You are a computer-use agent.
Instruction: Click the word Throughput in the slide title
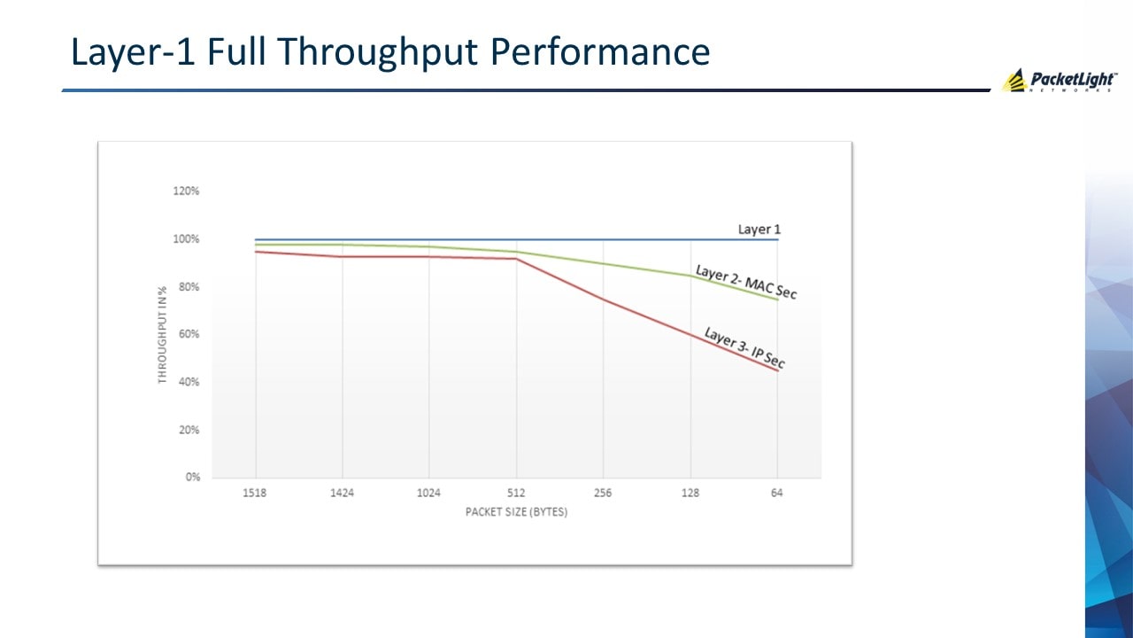point(379,53)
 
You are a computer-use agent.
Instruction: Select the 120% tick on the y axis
point(186,191)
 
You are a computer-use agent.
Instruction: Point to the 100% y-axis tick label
point(186,239)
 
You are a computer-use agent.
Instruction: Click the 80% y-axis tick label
point(188,287)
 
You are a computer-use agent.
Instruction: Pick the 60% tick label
point(188,335)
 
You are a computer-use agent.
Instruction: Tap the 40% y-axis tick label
point(188,382)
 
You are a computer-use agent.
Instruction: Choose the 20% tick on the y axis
point(188,430)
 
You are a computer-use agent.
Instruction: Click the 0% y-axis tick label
point(191,478)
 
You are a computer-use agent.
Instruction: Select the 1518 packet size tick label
point(255,493)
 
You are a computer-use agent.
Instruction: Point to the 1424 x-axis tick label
point(342,493)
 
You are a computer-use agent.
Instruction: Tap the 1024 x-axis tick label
point(428,493)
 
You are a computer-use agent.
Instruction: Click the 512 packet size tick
point(516,493)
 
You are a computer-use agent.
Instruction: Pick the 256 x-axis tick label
point(603,493)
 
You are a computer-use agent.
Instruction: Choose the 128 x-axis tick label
point(690,493)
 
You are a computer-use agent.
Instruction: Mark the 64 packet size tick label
point(776,493)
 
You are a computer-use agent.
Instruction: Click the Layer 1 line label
point(759,230)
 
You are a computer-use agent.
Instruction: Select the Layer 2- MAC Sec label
point(746,282)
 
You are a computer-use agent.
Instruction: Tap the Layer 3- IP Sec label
point(744,347)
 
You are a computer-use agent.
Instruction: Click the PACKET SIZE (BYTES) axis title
point(516,512)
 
